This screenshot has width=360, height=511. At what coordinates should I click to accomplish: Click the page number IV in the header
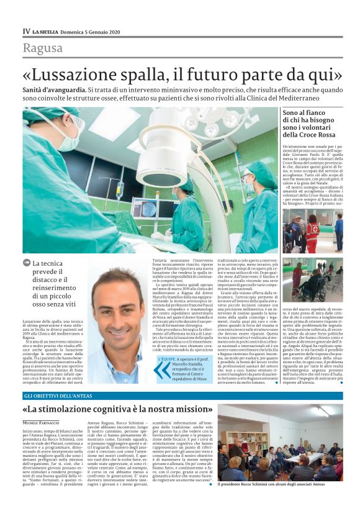point(26,30)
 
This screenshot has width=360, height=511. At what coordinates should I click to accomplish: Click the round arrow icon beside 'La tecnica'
point(27,263)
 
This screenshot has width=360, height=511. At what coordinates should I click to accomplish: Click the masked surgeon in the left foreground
point(59,180)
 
